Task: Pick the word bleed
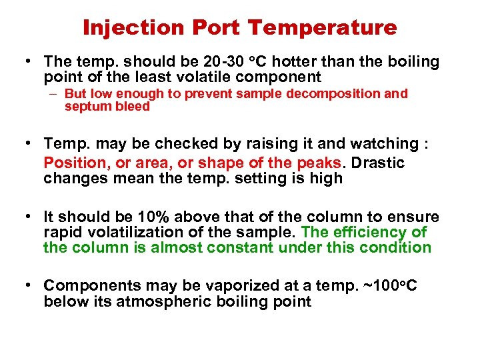(133, 107)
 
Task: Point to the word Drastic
(379, 163)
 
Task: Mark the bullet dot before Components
(28, 285)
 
